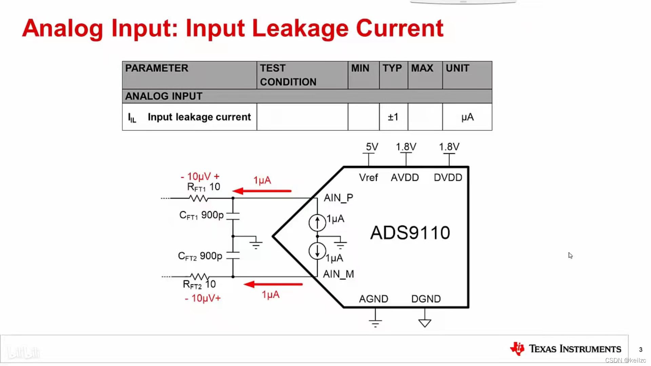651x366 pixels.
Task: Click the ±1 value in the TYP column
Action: click(x=393, y=117)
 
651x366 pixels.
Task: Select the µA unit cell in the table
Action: click(x=467, y=117)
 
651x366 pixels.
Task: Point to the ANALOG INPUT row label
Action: click(x=164, y=96)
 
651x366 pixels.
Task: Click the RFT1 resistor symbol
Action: click(x=199, y=198)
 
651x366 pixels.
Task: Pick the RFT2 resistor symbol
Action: click(x=199, y=277)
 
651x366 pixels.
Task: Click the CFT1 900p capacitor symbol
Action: click(x=233, y=216)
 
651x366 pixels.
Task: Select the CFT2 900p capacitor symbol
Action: click(x=233, y=256)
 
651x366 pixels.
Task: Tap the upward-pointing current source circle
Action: click(x=317, y=223)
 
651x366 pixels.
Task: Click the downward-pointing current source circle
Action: click(x=317, y=251)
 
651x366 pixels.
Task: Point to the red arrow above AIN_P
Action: click(x=262, y=191)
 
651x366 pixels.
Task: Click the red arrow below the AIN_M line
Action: click(x=273, y=284)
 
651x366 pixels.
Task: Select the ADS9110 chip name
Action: click(x=410, y=233)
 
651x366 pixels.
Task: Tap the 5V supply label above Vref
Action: click(x=372, y=147)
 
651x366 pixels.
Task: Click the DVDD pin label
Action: click(x=448, y=178)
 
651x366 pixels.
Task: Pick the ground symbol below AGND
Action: click(x=375, y=322)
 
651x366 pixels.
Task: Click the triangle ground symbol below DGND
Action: click(x=425, y=323)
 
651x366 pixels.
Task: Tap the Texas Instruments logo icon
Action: click(x=517, y=349)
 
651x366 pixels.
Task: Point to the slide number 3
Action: click(x=640, y=349)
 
